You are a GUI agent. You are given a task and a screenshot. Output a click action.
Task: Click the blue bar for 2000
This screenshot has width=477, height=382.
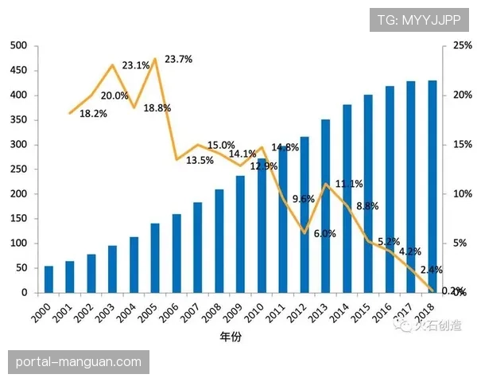[48, 279]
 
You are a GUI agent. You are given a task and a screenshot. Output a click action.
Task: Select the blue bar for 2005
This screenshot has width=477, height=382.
[155, 258]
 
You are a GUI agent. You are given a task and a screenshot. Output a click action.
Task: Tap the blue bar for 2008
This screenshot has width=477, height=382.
[219, 241]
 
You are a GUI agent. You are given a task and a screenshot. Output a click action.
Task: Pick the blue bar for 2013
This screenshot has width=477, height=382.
[325, 206]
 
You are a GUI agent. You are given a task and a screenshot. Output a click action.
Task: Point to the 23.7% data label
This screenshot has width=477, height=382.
[178, 60]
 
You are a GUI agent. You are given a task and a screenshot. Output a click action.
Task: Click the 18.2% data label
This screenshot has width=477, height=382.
[93, 114]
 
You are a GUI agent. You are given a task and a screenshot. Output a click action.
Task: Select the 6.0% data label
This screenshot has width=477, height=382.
[324, 234]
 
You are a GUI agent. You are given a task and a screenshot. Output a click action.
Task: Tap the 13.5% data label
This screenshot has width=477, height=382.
[200, 160]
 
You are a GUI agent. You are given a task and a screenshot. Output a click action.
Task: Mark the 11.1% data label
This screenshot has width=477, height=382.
[349, 184]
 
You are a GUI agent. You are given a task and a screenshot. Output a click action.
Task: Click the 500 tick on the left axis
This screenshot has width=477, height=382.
[19, 46]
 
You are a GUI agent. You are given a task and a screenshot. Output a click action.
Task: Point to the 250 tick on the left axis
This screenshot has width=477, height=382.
[19, 170]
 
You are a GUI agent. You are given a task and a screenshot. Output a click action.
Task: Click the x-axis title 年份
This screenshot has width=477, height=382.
[231, 337]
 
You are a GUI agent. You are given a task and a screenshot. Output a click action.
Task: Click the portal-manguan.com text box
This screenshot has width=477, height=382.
[79, 361]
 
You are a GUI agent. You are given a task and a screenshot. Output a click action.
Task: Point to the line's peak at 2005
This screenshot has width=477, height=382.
[155, 59]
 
